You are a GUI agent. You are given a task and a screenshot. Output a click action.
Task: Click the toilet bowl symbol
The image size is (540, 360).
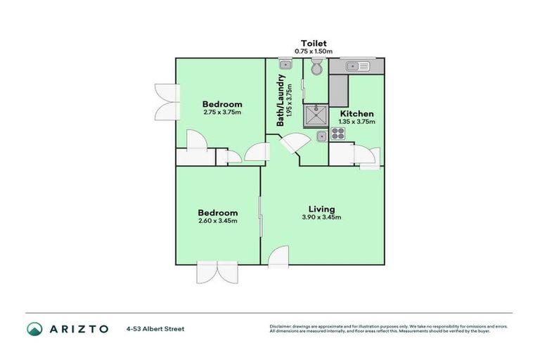[x=316, y=68]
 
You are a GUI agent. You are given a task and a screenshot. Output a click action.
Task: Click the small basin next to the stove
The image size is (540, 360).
[x=321, y=135]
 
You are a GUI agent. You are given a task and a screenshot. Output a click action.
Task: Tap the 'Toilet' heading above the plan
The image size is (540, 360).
[x=314, y=43]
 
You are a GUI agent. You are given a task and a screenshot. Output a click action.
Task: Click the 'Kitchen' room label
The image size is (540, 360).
[x=356, y=113]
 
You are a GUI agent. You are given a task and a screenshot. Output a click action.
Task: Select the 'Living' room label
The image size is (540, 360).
[x=321, y=209]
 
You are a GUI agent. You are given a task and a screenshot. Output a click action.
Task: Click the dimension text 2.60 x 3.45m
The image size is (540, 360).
[x=217, y=221]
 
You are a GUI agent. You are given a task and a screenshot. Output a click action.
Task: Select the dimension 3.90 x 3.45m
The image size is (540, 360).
[x=321, y=218]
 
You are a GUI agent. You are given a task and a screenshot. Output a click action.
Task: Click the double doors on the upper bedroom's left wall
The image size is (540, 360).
[x=165, y=104]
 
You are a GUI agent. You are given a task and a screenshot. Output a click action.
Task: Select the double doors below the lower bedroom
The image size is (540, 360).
[x=217, y=272]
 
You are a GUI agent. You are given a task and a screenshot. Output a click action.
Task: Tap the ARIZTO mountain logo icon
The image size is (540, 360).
[x=34, y=328]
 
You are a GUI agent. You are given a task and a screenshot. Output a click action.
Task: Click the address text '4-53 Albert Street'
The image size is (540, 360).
[x=155, y=328]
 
